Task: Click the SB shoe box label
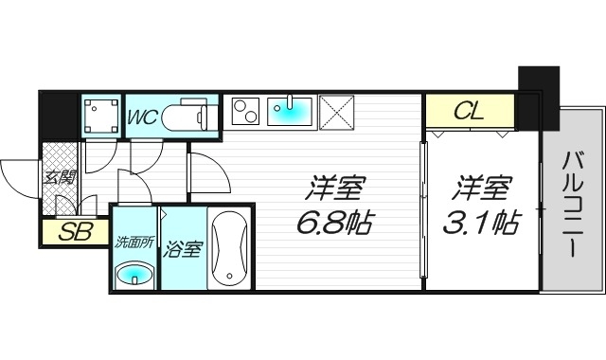(x=70, y=231)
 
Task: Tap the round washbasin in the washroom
(x=134, y=275)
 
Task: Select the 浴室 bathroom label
(x=183, y=250)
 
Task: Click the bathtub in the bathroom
(x=229, y=250)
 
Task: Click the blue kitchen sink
(x=292, y=113)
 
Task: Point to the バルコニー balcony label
(x=572, y=205)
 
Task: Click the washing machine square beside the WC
(x=100, y=116)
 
